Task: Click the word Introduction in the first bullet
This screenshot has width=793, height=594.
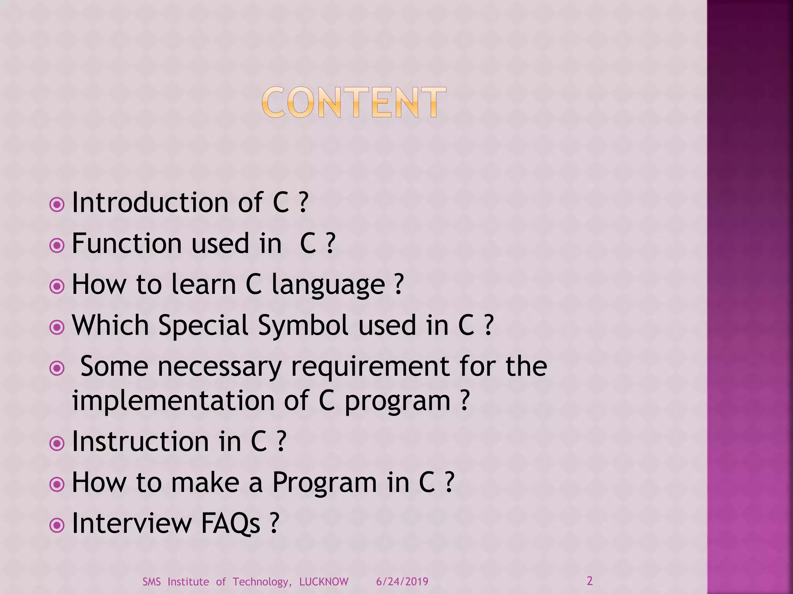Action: [150, 203]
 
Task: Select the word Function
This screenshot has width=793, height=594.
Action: [127, 244]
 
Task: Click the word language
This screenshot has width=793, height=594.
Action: [328, 285]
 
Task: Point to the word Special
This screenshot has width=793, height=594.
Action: [203, 326]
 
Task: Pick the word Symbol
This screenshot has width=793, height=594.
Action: [303, 326]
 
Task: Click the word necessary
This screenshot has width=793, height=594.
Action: [220, 367]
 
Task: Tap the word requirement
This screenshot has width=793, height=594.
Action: [370, 367]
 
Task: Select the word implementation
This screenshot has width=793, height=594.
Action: [173, 401]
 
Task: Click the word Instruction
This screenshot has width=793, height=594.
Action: [141, 442]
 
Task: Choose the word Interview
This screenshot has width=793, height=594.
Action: [132, 524]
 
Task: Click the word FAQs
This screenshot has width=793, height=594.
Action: [230, 524]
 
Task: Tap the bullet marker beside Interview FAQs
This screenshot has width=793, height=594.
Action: [57, 526]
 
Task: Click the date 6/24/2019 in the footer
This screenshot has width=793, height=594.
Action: [402, 582]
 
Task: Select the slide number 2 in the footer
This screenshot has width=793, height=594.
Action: [590, 581]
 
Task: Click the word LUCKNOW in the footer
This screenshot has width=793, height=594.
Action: [324, 582]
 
